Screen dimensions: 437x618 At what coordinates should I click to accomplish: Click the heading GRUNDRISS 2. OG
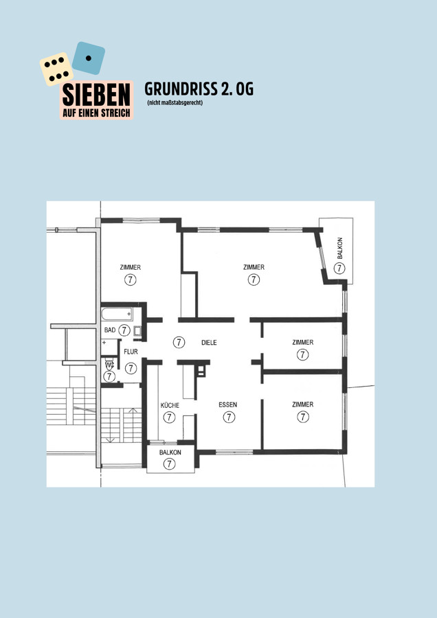click(x=199, y=89)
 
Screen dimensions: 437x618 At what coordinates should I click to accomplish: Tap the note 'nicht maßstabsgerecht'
click(x=175, y=103)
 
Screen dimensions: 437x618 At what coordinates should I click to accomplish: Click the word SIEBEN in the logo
click(x=96, y=95)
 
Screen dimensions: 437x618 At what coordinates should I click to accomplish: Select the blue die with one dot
click(x=89, y=58)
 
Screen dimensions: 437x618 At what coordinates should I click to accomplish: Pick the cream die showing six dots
click(x=56, y=69)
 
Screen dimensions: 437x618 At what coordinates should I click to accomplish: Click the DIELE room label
click(x=209, y=343)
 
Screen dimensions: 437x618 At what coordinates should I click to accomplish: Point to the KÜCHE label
click(x=170, y=405)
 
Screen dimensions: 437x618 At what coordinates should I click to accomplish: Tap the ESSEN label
click(x=228, y=404)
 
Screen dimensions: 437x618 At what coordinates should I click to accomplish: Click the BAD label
click(x=110, y=330)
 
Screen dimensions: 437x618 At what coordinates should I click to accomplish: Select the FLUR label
click(x=131, y=352)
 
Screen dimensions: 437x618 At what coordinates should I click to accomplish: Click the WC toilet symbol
click(x=110, y=364)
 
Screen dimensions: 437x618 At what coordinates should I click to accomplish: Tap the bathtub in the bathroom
click(x=117, y=314)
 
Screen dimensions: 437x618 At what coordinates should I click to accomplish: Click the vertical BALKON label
click(x=340, y=248)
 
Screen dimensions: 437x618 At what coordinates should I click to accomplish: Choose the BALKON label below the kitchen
click(x=170, y=453)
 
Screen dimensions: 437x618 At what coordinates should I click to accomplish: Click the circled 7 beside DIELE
click(x=179, y=343)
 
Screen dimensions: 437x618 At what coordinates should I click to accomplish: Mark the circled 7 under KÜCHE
click(x=169, y=417)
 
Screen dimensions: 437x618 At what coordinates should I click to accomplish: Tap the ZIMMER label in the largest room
click(x=254, y=267)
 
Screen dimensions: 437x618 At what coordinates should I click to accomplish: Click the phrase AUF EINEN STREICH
click(x=97, y=113)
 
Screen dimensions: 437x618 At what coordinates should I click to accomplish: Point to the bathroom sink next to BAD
click(x=137, y=331)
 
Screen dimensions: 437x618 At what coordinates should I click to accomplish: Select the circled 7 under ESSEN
click(x=229, y=417)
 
